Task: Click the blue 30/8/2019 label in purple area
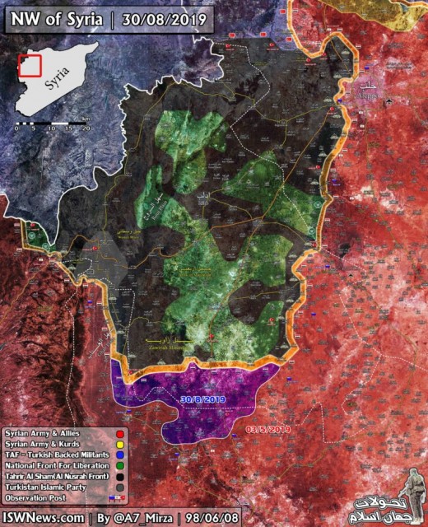[x=203, y=399]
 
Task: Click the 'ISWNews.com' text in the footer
[x=43, y=517]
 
